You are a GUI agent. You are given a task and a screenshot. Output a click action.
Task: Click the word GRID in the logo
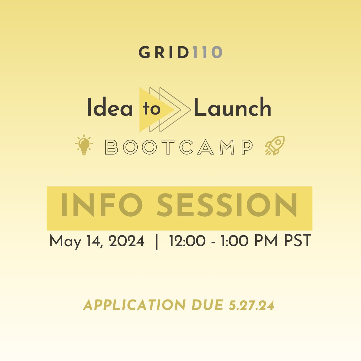pos(164,52)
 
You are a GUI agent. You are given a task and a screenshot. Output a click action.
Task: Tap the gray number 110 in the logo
pos(208,52)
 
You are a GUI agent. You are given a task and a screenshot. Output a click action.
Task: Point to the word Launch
pos(232,107)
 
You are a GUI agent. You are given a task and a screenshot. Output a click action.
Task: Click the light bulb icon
pos(84,145)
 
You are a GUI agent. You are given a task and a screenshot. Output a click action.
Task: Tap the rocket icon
pos(275,145)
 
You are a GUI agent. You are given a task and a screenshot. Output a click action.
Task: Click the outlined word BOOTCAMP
pos(179,147)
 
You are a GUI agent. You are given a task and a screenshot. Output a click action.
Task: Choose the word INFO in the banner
pos(102,205)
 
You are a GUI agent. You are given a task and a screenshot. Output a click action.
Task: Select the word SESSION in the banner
pos(227,205)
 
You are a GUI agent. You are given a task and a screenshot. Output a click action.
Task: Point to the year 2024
pos(127,241)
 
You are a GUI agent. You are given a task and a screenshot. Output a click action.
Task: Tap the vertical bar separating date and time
pos(157,242)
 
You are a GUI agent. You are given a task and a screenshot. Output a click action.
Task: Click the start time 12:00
pos(187,241)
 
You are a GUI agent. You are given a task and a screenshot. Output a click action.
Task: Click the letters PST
pos(298,241)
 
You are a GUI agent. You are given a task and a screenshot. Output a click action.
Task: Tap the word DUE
pos(208,305)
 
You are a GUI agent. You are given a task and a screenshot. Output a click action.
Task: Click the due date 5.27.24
pos(252,305)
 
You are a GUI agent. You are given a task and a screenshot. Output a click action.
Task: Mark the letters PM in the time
pos(266,241)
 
